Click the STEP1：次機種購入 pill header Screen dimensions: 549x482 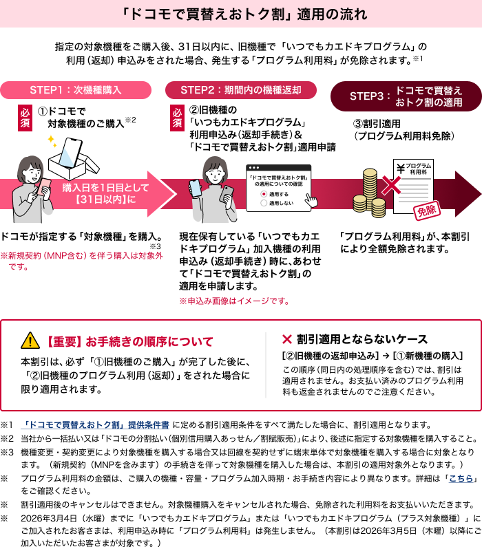[x=76, y=90]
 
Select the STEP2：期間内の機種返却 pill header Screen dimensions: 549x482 [x=241, y=90]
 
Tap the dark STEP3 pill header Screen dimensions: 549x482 [x=406, y=96]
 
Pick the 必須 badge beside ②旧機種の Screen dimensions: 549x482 [x=178, y=117]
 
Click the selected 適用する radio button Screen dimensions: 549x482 [x=263, y=195]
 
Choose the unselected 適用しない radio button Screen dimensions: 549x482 [x=263, y=204]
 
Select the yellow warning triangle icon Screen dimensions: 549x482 [x=30, y=340]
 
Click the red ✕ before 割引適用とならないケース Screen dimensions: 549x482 [x=287, y=339]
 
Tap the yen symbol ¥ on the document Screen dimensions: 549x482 [x=400, y=167]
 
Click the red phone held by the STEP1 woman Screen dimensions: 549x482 [x=46, y=187]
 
